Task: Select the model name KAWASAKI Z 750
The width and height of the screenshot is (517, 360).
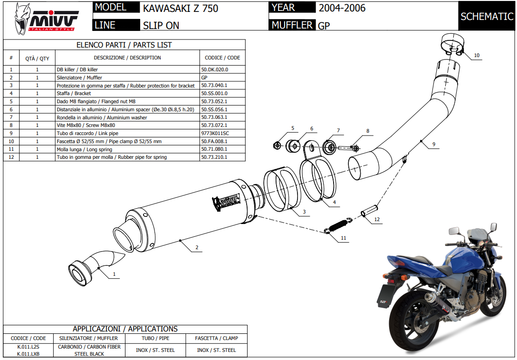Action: [x=180, y=8]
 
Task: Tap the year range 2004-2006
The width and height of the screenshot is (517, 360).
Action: [x=342, y=8]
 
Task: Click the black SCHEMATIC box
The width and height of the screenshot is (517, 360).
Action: [x=487, y=17]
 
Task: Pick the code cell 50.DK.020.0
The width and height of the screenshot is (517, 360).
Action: [x=215, y=69]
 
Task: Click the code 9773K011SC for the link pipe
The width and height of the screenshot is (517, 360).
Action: [x=215, y=134]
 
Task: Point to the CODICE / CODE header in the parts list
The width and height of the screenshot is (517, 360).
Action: [x=222, y=58]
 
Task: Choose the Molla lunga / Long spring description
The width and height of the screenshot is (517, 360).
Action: [x=85, y=149]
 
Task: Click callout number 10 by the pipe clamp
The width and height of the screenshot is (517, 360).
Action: [x=477, y=56]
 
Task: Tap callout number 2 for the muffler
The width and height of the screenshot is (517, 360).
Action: [x=197, y=247]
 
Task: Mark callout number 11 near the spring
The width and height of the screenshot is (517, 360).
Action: [x=344, y=237]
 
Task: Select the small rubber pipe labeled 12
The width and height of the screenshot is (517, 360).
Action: [x=371, y=210]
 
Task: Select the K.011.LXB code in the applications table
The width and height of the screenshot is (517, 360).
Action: [x=29, y=354]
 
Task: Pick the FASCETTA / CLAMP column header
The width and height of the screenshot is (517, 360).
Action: [x=216, y=339]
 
